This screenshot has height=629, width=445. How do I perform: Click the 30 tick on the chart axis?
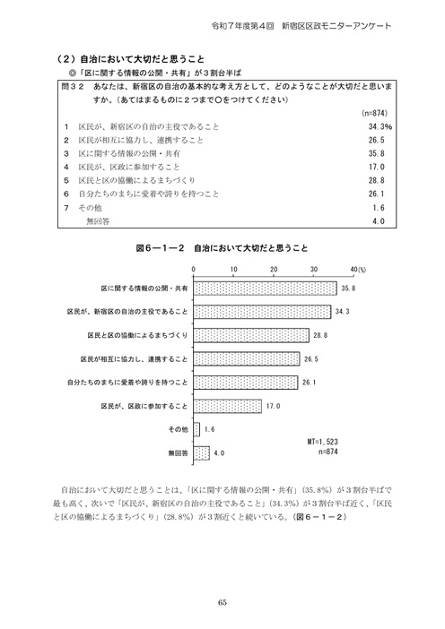[314, 269]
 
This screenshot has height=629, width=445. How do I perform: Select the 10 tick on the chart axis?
[233, 269]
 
